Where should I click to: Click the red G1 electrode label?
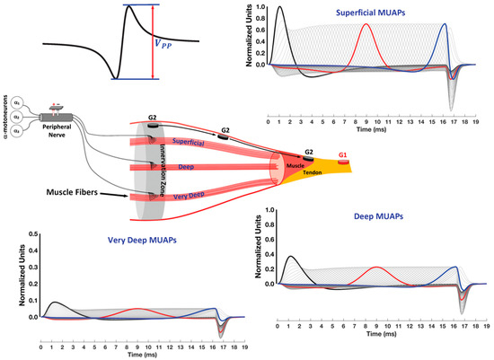342,155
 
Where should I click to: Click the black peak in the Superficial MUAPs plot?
281,8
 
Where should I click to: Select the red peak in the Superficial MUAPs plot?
366,24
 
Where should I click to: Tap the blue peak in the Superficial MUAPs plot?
444,24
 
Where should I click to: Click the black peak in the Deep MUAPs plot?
289,257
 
